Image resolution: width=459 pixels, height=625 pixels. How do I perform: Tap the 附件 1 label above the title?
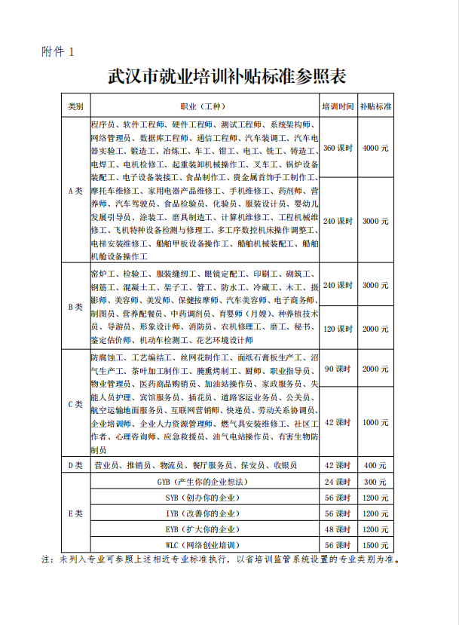pos(58,52)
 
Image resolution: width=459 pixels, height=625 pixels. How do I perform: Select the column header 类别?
pos(75,106)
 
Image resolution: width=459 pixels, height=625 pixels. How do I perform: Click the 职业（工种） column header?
pos(203,106)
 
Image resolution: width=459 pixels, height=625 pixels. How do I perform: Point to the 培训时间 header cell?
pos(338,106)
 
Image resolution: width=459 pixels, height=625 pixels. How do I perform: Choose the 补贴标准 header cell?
pos(375,106)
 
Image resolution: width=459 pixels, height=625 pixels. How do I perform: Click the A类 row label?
pos(75,191)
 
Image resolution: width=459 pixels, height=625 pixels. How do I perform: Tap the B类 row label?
pos(75,308)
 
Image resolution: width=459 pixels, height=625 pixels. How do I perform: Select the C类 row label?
pos(75,403)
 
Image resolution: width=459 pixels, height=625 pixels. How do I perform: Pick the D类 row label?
pos(75,466)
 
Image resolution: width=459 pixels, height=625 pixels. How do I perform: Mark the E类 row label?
pos(75,513)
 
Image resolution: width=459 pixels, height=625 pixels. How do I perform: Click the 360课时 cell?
pos(338,148)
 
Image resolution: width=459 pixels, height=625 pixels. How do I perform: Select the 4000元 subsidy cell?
pos(375,148)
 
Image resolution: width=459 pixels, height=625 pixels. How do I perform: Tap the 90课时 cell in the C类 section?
pos(338,369)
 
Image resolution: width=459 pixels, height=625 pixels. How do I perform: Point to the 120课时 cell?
pos(338,329)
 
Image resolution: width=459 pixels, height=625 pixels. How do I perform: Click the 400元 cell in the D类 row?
pos(375,466)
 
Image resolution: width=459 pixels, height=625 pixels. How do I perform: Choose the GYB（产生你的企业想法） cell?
pos(203,482)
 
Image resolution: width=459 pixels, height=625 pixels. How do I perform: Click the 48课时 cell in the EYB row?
pos(338,529)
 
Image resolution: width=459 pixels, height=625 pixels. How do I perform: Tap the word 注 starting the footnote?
pos(45,560)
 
